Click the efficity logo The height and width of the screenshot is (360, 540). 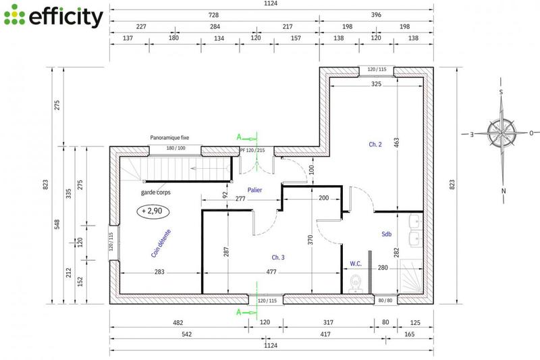coord(53,16)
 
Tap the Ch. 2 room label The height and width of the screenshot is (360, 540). coord(375,145)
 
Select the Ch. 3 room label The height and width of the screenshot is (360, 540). coord(278,257)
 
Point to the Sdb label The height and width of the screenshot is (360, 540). coord(387,234)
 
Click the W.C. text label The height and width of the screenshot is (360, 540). coord(356,263)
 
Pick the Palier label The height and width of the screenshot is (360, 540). coord(254,190)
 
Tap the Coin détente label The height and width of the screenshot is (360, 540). coord(161,243)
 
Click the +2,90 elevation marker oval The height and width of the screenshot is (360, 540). coord(155,211)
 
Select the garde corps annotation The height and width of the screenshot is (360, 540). coord(155,192)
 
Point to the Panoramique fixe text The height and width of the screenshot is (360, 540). coord(169,137)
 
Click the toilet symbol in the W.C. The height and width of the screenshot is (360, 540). coord(357,282)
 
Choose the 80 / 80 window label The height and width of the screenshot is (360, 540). coord(385,301)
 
